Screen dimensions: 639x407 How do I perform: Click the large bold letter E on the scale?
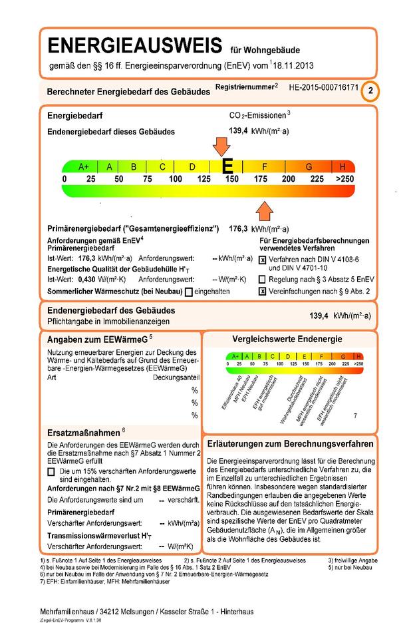click(x=227, y=166)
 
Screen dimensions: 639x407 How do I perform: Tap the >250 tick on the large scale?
click(x=344, y=180)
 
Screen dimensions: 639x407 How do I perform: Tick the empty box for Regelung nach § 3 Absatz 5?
click(x=263, y=280)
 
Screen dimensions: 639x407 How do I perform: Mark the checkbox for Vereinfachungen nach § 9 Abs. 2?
click(x=263, y=291)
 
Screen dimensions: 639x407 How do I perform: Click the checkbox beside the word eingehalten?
click(x=190, y=292)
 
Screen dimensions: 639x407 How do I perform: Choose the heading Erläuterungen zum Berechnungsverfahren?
click(x=289, y=443)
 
